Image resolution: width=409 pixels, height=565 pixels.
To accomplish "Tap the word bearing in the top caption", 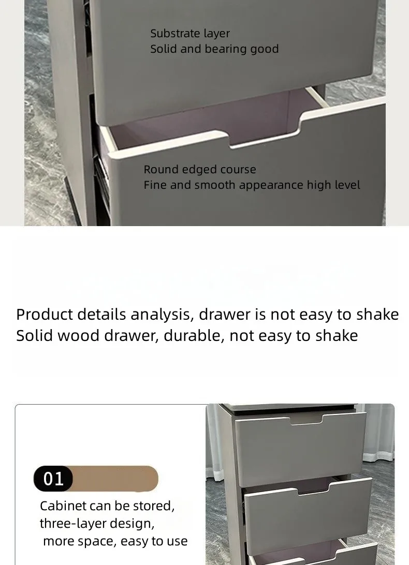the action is [x=226, y=49].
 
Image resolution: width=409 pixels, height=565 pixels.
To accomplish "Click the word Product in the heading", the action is [x=45, y=314].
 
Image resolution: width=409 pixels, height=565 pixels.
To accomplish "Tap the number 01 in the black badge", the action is [x=53, y=479].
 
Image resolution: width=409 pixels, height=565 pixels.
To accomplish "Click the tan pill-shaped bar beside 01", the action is [x=115, y=479].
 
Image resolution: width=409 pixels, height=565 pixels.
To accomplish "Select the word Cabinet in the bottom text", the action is [x=63, y=506].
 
